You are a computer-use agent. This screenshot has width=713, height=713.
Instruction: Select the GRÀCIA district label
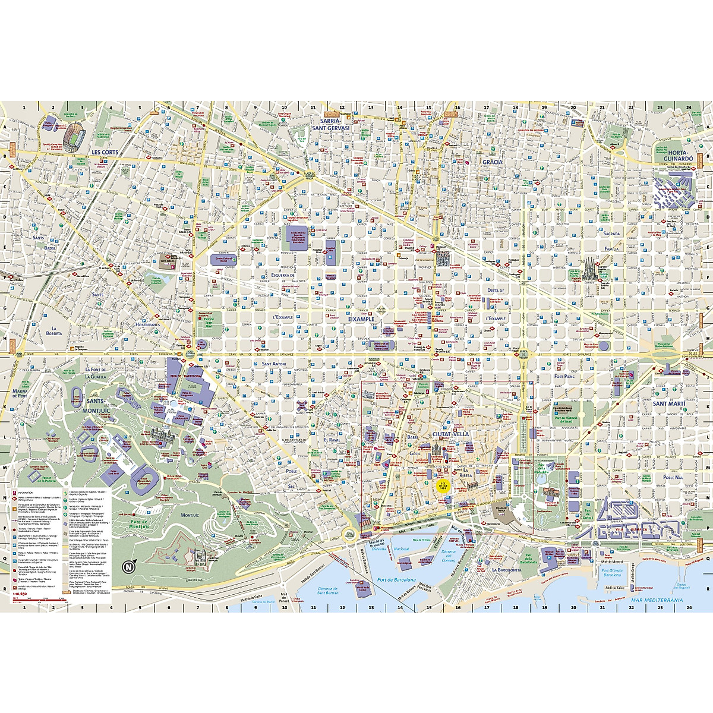[x=492, y=162]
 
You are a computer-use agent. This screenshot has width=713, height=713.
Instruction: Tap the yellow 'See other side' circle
[x=443, y=484]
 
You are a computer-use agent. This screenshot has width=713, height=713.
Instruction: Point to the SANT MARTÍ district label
[x=669, y=404]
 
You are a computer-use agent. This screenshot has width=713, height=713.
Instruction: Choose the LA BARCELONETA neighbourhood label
[x=506, y=569]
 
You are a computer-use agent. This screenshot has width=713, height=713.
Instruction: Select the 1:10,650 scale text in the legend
[x=20, y=593]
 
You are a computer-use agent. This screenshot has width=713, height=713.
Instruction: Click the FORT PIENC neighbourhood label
[x=566, y=376]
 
